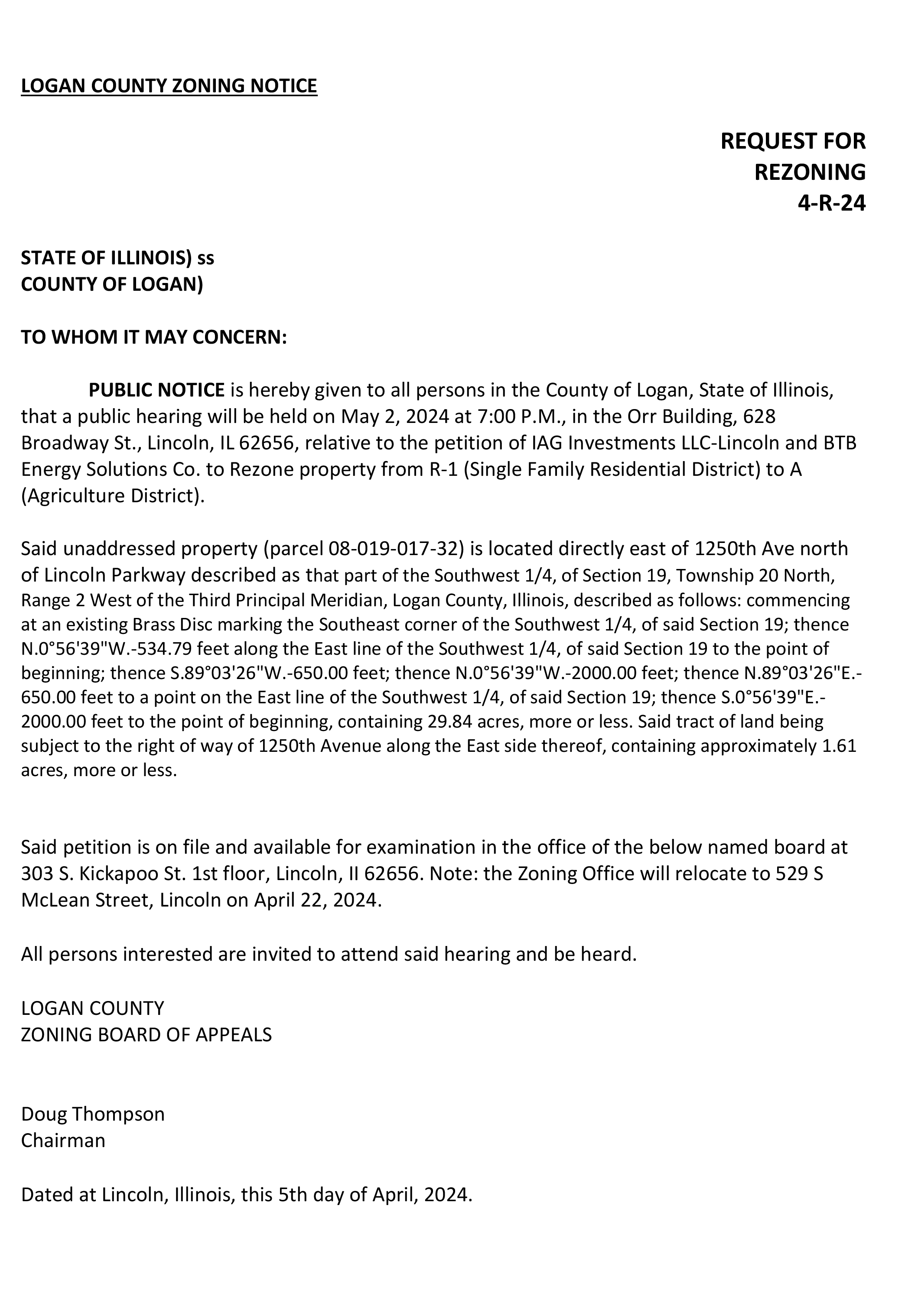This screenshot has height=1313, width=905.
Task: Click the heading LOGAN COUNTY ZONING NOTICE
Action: click(x=169, y=86)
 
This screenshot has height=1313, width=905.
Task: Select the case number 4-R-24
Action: click(x=831, y=203)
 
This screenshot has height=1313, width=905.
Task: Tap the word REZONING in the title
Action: click(x=809, y=172)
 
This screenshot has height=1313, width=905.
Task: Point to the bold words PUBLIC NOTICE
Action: click(x=156, y=390)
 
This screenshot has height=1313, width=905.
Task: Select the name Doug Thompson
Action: click(x=92, y=1114)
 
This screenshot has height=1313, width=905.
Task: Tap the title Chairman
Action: click(x=63, y=1140)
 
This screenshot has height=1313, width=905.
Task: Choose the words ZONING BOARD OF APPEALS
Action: click(x=146, y=1035)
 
